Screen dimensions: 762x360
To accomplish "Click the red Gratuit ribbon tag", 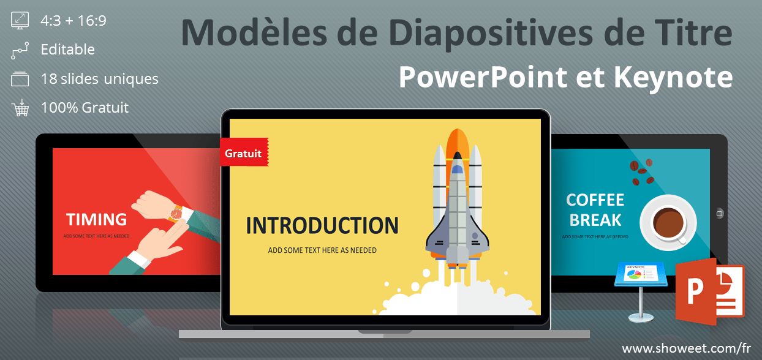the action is (x=244, y=152).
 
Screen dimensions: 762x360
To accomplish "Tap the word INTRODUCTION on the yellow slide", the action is (x=322, y=225).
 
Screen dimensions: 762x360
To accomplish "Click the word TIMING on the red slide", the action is (x=96, y=219).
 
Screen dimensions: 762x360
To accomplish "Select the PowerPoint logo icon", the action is (x=710, y=292).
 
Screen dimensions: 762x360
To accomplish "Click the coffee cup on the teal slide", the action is (x=668, y=223).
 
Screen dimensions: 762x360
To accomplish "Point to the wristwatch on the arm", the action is (x=176, y=214).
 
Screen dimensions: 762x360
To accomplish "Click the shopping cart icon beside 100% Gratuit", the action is (x=20, y=108).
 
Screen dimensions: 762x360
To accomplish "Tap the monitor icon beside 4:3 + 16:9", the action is (x=20, y=20).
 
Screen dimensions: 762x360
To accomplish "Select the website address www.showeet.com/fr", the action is (x=686, y=348).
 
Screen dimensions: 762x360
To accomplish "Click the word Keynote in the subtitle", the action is (x=673, y=78).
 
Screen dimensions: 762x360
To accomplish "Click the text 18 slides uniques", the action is (x=100, y=79).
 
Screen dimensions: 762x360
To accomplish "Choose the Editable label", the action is (x=68, y=50).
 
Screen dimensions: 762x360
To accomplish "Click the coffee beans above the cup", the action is (x=641, y=172).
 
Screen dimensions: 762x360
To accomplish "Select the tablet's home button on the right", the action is (x=719, y=214).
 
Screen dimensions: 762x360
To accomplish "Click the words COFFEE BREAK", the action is (x=595, y=210).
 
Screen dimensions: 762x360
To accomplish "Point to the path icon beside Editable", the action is (x=20, y=51).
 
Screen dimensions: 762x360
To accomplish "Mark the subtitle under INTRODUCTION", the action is (x=322, y=250).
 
